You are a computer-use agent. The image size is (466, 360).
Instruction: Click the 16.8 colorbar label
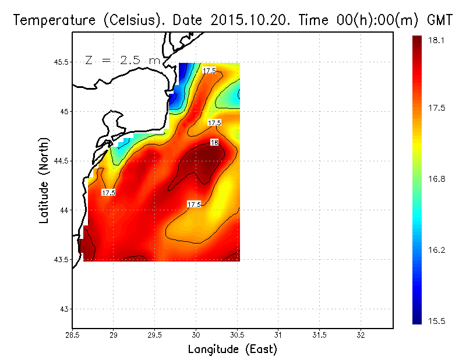coord(436,179)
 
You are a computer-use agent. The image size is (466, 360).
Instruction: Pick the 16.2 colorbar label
coord(436,250)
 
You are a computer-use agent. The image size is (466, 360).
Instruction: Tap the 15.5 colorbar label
coord(436,321)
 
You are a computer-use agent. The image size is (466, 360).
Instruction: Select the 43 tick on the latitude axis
coord(63,309)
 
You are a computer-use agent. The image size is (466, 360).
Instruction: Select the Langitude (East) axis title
coord(232,350)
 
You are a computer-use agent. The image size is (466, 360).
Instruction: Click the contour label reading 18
coord(214,143)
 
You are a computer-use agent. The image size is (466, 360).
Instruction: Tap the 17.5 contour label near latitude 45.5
coord(210,70)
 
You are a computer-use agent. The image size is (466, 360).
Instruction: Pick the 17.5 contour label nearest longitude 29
coord(108,192)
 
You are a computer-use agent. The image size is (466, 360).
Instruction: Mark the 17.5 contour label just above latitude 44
coord(194,204)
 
